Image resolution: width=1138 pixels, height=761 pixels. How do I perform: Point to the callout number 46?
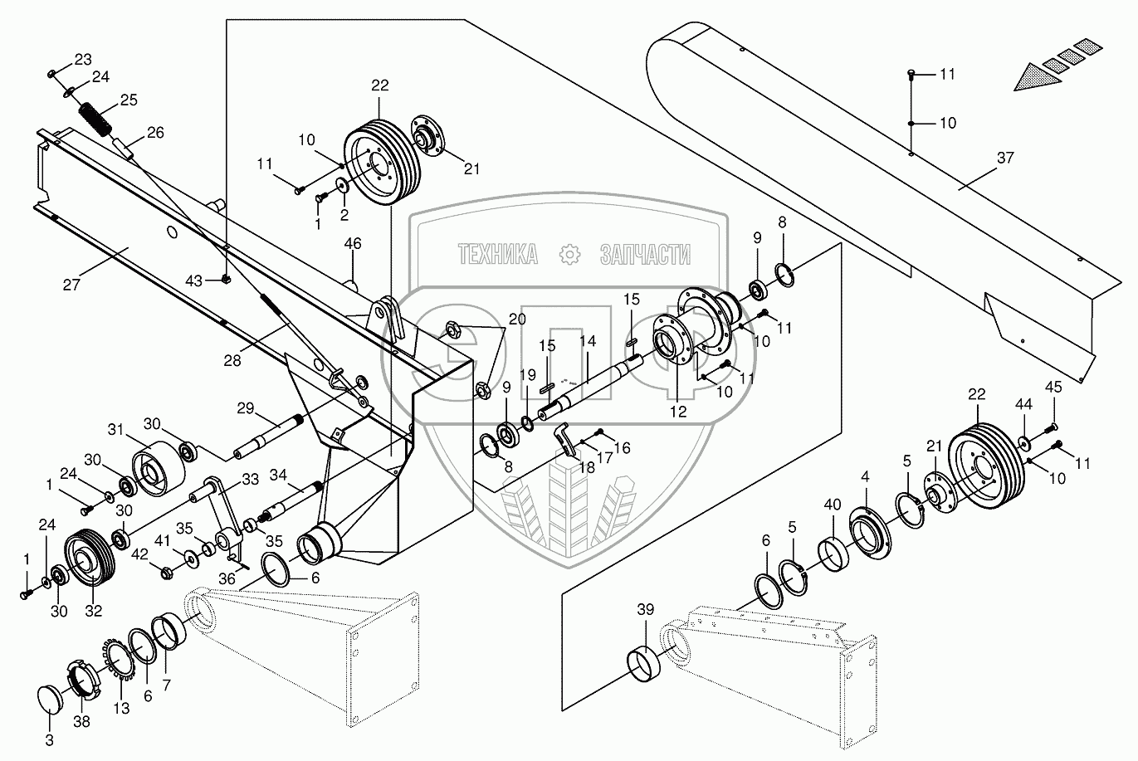pyautogui.click(x=354, y=244)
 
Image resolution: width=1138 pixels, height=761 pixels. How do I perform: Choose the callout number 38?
pyautogui.click(x=81, y=721)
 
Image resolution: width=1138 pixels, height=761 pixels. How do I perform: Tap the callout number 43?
pyautogui.click(x=194, y=281)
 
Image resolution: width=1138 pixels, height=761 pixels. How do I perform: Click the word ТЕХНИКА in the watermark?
pyautogui.click(x=497, y=255)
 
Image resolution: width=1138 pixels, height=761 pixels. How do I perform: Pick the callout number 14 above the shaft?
pyautogui.click(x=588, y=341)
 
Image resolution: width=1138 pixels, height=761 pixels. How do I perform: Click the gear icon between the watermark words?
pyautogui.click(x=569, y=254)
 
